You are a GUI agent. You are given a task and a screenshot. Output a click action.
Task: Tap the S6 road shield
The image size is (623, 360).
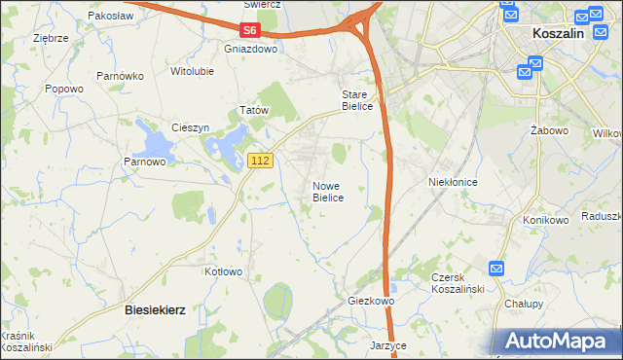click(251, 30)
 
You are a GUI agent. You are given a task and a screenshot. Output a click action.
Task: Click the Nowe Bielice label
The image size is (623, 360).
click(328, 191)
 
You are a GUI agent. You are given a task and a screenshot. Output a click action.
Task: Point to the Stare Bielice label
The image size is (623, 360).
click(356, 100)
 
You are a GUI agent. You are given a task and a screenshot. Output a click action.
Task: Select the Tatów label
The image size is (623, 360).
click(254, 111)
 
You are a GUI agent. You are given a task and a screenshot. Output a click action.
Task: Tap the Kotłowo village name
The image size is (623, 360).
click(223, 271)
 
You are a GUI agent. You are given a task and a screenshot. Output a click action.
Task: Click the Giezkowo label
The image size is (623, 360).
click(371, 302)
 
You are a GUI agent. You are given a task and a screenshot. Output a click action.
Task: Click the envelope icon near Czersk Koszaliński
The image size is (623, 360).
click(497, 269)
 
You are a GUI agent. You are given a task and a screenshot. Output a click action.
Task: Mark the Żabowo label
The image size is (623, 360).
click(550, 129)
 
